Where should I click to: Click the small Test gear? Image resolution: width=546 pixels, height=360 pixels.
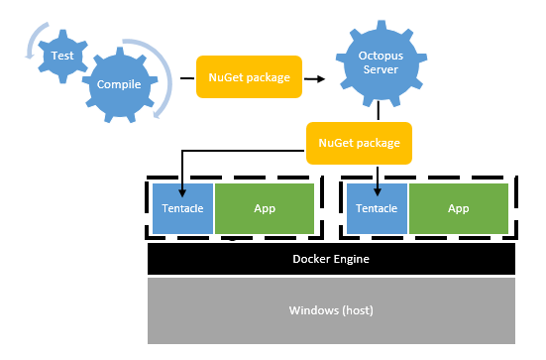[61, 58]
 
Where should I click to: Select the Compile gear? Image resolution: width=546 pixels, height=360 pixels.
[119, 85]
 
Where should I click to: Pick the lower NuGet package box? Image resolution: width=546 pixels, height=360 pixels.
[359, 143]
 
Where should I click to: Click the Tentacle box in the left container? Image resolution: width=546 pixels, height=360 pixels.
[181, 209]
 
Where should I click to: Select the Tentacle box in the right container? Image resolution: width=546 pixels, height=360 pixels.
[377, 209]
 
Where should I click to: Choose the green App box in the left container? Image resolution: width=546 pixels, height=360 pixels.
[265, 209]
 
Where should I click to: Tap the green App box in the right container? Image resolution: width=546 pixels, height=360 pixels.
[459, 209]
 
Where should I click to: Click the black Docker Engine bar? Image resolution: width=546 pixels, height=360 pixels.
[331, 259]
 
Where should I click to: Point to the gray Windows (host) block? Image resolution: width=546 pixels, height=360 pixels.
[331, 310]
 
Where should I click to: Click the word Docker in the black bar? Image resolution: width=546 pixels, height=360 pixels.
[310, 259]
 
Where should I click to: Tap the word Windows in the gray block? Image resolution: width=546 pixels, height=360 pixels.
[311, 310]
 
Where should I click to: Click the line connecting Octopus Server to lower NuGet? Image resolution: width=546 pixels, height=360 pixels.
[379, 112]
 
